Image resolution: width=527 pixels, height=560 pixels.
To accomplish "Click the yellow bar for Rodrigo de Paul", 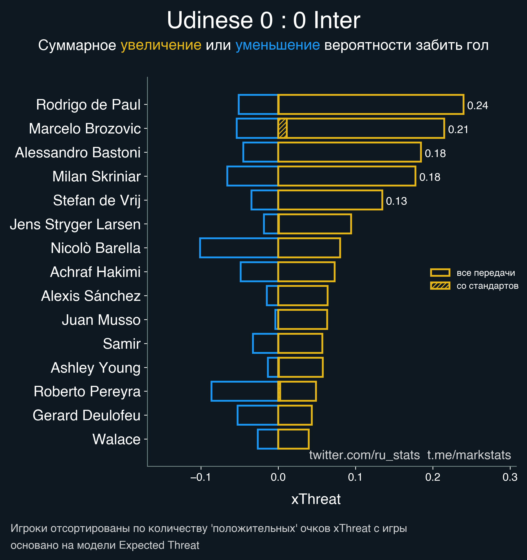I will (370, 105).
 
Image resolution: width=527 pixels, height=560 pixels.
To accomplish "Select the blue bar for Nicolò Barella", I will (238, 248).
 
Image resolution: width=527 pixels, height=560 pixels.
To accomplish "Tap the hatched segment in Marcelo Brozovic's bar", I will (282, 128).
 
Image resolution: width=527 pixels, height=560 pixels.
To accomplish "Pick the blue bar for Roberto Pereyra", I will (244, 391).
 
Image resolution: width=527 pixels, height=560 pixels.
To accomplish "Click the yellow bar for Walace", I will (293, 439).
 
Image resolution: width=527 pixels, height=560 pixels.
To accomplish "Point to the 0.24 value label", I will (477, 106).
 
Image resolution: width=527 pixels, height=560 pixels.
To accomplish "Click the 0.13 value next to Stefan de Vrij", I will (396, 201).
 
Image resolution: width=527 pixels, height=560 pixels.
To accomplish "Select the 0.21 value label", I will (458, 130).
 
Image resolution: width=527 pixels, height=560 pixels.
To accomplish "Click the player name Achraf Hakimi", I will (95, 272).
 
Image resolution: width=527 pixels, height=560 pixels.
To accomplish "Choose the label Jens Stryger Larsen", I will (75, 224).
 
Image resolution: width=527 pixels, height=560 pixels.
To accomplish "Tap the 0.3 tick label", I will (510, 477).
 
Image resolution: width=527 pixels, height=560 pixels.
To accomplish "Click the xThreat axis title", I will (316, 499).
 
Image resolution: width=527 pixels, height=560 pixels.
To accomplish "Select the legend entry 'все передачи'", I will (485, 273).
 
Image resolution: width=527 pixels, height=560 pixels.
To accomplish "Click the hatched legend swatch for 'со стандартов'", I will (440, 286).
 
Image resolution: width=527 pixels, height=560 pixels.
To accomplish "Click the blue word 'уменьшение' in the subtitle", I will (277, 45).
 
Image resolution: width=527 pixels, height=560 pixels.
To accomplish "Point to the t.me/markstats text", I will (469, 455).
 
